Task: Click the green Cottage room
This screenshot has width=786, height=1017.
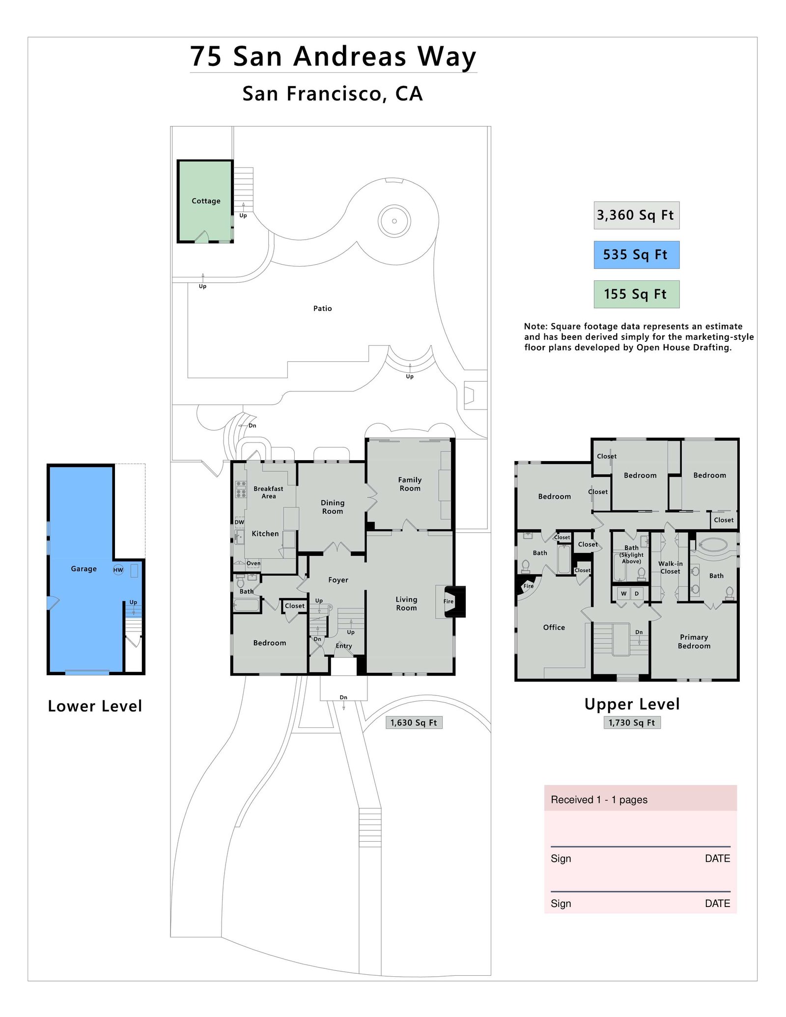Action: [x=205, y=201]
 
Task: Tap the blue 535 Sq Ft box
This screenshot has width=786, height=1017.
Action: [x=636, y=255]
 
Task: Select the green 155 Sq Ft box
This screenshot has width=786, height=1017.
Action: [x=636, y=294]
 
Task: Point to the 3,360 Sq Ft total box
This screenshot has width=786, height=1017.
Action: [x=636, y=215]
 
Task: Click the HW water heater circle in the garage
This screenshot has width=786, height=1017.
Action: [x=118, y=570]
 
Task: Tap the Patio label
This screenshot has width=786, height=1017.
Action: [x=323, y=308]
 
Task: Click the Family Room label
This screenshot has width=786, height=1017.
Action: [x=410, y=484]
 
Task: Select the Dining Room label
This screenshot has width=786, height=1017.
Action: [x=333, y=507]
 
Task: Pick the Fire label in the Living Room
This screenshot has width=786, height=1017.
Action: [x=449, y=601]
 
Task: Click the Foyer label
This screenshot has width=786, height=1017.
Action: [x=338, y=580]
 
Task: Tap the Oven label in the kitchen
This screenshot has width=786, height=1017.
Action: [x=253, y=563]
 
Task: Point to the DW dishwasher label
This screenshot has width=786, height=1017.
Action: [x=239, y=522]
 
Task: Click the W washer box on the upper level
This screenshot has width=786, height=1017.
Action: [x=624, y=594]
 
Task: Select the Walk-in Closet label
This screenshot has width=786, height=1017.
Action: [x=671, y=567]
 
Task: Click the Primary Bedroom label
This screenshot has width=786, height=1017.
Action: [x=694, y=641]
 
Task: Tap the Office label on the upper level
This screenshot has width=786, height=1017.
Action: [x=554, y=627]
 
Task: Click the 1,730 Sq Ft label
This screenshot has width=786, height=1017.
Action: [x=632, y=722]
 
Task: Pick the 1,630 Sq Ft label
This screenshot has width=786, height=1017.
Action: [x=414, y=722]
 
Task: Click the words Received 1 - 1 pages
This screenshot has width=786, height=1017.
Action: [x=599, y=799]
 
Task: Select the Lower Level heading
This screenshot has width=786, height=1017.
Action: [x=95, y=706]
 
